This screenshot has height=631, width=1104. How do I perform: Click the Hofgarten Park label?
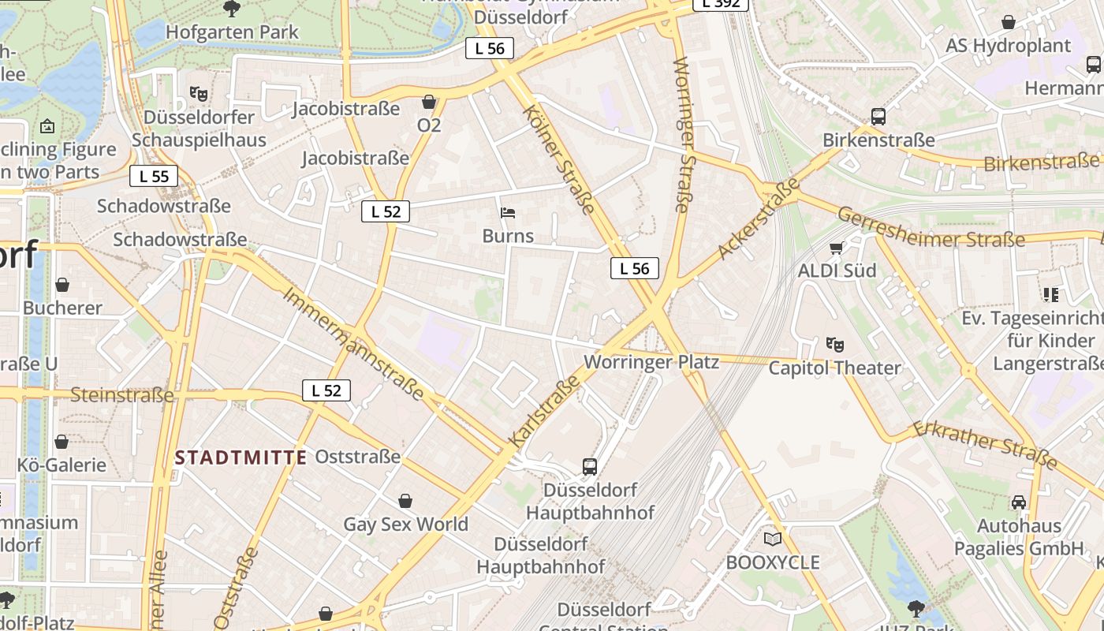tap(232, 32)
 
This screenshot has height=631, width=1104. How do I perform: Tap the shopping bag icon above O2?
tap(429, 102)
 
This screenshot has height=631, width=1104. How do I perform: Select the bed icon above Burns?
tap(508, 213)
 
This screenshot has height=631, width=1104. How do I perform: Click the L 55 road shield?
tap(154, 177)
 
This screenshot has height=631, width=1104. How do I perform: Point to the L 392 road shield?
tap(720, 3)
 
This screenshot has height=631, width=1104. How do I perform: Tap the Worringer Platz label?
tap(651, 362)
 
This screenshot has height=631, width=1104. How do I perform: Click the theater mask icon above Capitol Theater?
tap(834, 344)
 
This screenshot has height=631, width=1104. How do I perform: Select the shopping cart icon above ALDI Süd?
tap(837, 248)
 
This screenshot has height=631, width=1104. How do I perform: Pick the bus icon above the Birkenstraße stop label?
tap(878, 117)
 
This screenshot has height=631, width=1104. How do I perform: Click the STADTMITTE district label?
tap(241, 457)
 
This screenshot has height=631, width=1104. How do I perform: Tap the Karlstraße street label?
tap(545, 413)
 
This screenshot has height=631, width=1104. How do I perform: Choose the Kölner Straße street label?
tap(559, 159)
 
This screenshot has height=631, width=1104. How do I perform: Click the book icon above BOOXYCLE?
tap(773, 540)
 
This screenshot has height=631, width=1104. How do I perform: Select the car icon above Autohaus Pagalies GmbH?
tap(1019, 502)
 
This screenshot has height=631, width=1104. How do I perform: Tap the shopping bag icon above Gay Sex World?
tap(405, 501)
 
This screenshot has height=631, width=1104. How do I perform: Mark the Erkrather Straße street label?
tap(985, 446)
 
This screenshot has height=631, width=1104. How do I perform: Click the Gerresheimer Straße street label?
tap(931, 228)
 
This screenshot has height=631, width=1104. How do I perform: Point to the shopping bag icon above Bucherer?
tap(62, 285)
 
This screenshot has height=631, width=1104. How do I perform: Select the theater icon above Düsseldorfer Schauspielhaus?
tap(199, 94)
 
